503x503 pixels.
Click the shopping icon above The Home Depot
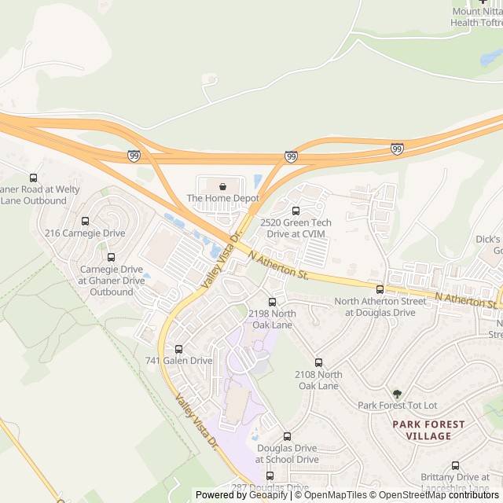click(223, 187)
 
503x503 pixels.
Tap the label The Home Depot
click(222, 199)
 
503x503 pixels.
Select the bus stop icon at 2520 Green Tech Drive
click(296, 211)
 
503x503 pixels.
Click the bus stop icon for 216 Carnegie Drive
click(85, 221)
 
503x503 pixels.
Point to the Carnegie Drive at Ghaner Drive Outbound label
click(112, 281)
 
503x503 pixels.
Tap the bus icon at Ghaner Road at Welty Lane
click(33, 178)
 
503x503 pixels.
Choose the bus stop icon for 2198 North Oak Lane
click(273, 302)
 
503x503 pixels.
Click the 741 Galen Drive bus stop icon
click(178, 349)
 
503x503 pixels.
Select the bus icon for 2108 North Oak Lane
click(318, 363)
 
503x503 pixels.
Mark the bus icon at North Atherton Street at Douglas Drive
click(380, 289)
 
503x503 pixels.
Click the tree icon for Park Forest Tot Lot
click(397, 393)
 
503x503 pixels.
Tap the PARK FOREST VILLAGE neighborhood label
click(428, 430)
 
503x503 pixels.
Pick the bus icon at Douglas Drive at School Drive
click(287, 436)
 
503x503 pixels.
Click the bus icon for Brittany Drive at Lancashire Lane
click(455, 465)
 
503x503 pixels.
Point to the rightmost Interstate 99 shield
click(397, 149)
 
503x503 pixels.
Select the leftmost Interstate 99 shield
click(134, 156)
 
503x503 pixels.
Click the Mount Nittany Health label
click(476, 17)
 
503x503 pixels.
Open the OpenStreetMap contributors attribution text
click(440, 495)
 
